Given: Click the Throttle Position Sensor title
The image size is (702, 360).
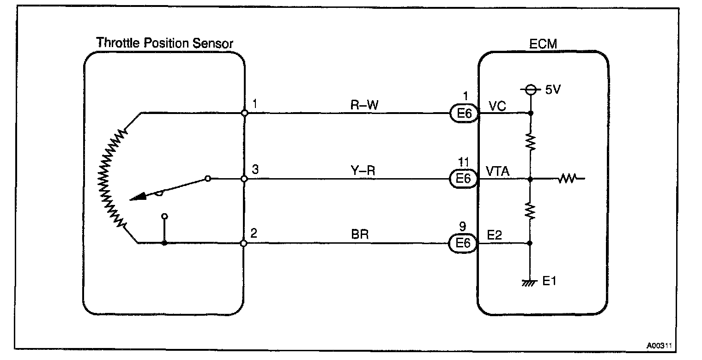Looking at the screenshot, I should tap(164, 43).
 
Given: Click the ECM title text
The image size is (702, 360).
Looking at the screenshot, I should tap(543, 44).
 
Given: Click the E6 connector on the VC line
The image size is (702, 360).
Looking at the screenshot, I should tap(463, 114).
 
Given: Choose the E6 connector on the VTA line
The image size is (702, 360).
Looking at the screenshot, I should tap(463, 179).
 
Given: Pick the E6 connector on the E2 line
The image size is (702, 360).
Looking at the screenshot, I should tap(463, 243).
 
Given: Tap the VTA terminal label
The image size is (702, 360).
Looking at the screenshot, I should tap(498, 171).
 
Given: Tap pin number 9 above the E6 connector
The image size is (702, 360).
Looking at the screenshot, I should tap(463, 227).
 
